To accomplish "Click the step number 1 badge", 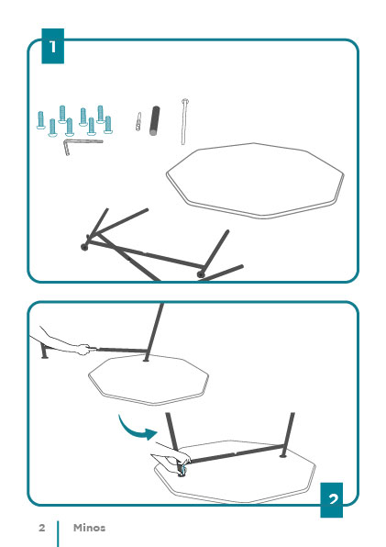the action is pyautogui.click(x=52, y=46).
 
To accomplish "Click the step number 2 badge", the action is pyautogui.click(x=332, y=500).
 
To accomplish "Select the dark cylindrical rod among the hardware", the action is pyautogui.click(x=155, y=121).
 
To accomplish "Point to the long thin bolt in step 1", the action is pyautogui.click(x=184, y=121).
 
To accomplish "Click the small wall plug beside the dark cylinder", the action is pyautogui.click(x=138, y=121).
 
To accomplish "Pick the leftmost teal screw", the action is pyautogui.click(x=40, y=120).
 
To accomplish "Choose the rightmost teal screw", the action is pyautogui.click(x=108, y=125).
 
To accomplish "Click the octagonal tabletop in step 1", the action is pyautogui.click(x=255, y=181).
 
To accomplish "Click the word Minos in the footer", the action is pyautogui.click(x=89, y=528).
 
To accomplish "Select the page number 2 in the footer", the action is pyautogui.click(x=42, y=528).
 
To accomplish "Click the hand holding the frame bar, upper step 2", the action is pyautogui.click(x=83, y=349).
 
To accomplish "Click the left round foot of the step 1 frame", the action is pyautogui.click(x=84, y=247).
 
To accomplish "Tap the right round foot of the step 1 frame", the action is pyautogui.click(x=200, y=274).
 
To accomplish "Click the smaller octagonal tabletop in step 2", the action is pyautogui.click(x=149, y=380).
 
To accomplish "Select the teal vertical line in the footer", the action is pyautogui.click(x=58, y=534).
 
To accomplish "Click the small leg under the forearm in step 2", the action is pyautogui.click(x=43, y=351).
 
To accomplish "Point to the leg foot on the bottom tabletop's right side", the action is pyautogui.click(x=283, y=455).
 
